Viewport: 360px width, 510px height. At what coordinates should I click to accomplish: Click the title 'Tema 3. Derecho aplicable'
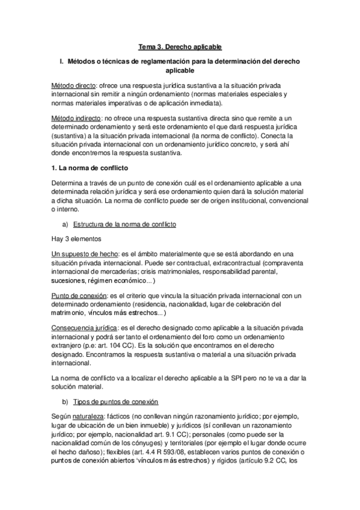(180, 47)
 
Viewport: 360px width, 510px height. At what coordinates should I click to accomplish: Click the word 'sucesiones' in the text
(69, 280)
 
